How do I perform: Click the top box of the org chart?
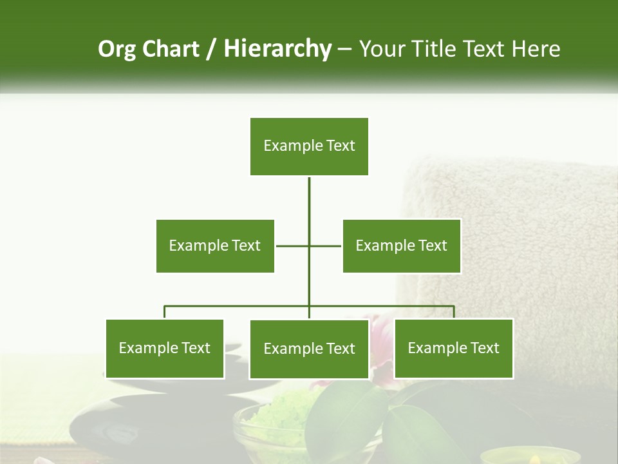[x=309, y=146]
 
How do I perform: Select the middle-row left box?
[x=215, y=246]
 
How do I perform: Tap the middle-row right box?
[x=402, y=246]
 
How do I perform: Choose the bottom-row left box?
[x=165, y=349]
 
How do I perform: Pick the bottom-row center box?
[x=309, y=349]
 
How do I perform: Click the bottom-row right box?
[x=454, y=349]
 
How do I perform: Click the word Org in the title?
[x=117, y=49]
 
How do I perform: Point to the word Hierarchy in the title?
[x=277, y=49]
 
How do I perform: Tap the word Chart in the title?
[x=171, y=49]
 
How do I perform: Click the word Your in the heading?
[x=382, y=49]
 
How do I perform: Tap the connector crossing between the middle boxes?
[x=309, y=246]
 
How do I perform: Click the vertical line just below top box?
[x=309, y=193]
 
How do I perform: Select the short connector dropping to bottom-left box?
[x=165, y=312]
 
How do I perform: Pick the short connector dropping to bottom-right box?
[x=454, y=312]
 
